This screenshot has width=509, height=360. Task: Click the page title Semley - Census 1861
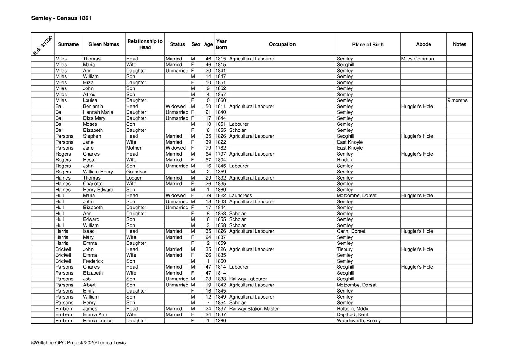tap(61, 18)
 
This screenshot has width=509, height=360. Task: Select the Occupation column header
tap(282, 44)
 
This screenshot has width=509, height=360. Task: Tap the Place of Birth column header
tap(368, 45)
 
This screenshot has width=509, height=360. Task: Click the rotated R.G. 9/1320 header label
tap(43, 45)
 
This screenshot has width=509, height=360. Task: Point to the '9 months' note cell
tap(457, 100)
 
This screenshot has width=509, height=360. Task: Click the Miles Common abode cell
tap(417, 59)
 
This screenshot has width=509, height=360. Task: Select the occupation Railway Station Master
tap(254, 309)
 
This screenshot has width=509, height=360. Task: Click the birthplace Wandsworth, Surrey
tap(359, 321)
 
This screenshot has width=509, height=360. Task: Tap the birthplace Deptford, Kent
tap(352, 314)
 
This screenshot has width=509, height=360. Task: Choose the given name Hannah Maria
tap(98, 112)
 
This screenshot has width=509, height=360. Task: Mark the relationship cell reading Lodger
tap(134, 178)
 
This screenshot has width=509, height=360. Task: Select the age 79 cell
tap(208, 148)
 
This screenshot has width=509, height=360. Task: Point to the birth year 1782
tap(221, 148)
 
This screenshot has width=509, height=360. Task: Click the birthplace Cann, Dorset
tap(351, 231)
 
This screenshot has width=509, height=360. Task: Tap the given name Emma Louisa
tap(98, 321)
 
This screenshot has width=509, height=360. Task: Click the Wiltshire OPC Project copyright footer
tap(78, 343)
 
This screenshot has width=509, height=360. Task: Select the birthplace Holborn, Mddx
tap(352, 309)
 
